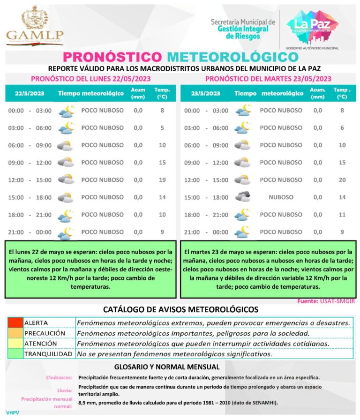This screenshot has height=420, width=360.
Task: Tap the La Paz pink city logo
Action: tap(312, 26)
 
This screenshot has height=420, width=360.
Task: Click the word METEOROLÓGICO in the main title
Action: tap(232, 57)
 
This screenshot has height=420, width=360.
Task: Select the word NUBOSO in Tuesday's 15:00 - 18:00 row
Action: tap(281, 197)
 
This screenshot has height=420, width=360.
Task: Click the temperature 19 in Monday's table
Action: tap(162, 180)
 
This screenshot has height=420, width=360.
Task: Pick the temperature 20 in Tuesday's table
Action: tap(342, 180)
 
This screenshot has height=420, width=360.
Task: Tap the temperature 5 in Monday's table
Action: tap(162, 128)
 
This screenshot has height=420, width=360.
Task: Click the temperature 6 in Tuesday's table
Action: tap(342, 128)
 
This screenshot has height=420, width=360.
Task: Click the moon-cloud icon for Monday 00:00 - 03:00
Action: tap(66, 111)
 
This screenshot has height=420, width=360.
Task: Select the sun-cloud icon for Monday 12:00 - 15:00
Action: tap(66, 180)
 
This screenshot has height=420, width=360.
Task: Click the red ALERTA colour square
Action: tap(15, 323)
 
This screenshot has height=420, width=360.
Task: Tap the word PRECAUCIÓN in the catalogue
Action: tap(45, 333)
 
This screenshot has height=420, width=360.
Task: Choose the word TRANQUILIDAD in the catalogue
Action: tap(48, 354)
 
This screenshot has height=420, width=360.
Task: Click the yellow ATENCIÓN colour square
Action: tap(15, 344)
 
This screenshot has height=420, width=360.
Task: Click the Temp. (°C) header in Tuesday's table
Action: tap(342, 93)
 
